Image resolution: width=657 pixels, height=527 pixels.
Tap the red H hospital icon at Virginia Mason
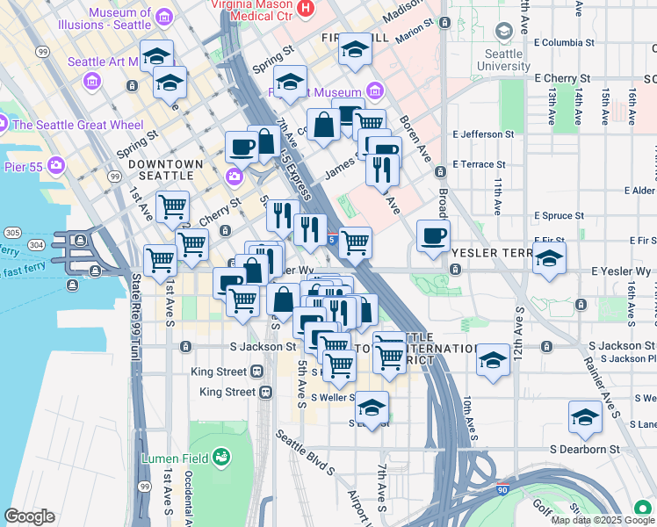coord(306,9)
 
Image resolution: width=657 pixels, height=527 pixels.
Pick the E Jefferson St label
coord(483,134)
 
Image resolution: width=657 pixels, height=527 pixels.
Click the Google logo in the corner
coord(29,516)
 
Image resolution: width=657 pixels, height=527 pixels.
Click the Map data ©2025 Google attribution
coord(603,520)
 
